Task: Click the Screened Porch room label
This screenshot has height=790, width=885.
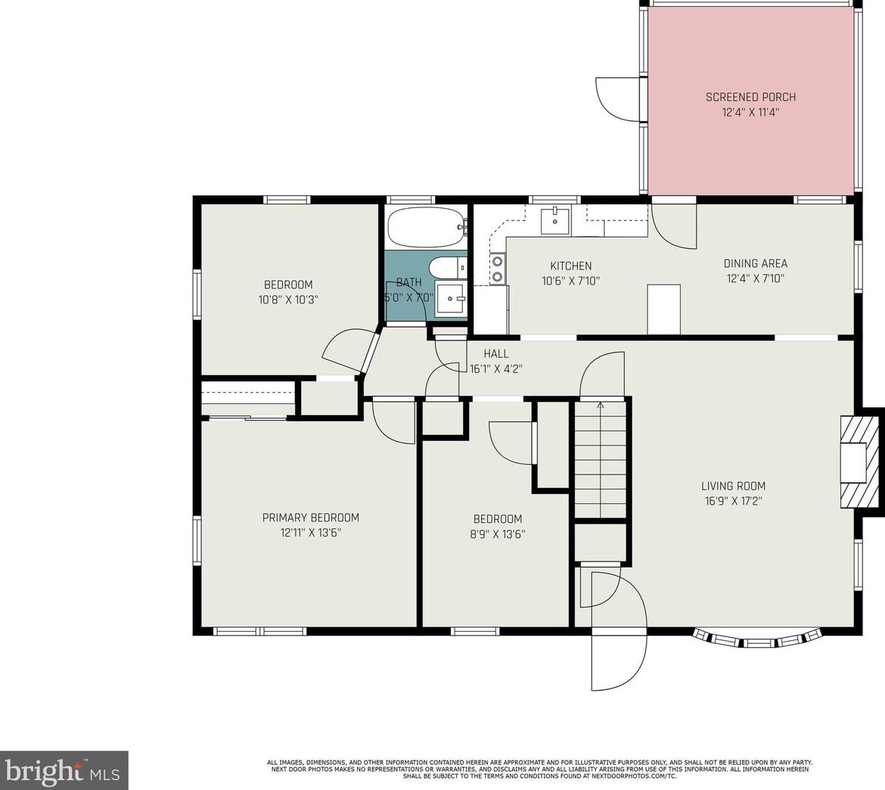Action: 750,97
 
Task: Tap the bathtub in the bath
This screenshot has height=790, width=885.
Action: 425,227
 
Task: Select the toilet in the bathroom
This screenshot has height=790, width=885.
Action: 442,268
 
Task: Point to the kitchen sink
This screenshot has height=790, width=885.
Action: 555,220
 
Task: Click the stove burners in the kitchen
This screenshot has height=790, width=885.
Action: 498,269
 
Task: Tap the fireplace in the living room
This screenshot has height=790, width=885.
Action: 858,463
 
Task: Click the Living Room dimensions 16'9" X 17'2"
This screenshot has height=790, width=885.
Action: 732,500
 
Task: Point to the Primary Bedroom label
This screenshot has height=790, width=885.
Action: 310,518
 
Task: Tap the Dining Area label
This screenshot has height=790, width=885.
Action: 755,263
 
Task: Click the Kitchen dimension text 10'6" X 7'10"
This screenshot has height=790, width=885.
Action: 570,280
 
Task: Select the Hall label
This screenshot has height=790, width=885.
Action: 496,353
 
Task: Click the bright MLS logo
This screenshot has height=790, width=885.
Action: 64,770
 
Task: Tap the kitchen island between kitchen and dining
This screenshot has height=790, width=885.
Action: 663,309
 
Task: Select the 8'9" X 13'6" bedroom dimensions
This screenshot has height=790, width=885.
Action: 497,533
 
